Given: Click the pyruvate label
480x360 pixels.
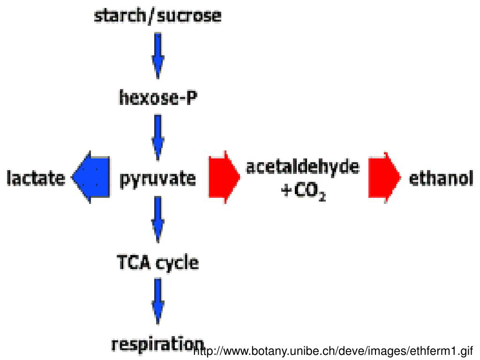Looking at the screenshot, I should (157, 180).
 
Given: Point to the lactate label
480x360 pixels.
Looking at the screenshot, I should (36, 179).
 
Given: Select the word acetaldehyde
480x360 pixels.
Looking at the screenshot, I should (303, 167).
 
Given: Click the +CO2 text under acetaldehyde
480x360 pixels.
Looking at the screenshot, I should (303, 192).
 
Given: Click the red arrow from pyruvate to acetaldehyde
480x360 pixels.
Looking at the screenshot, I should (224, 177).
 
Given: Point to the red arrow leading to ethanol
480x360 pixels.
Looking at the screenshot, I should (384, 177).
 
